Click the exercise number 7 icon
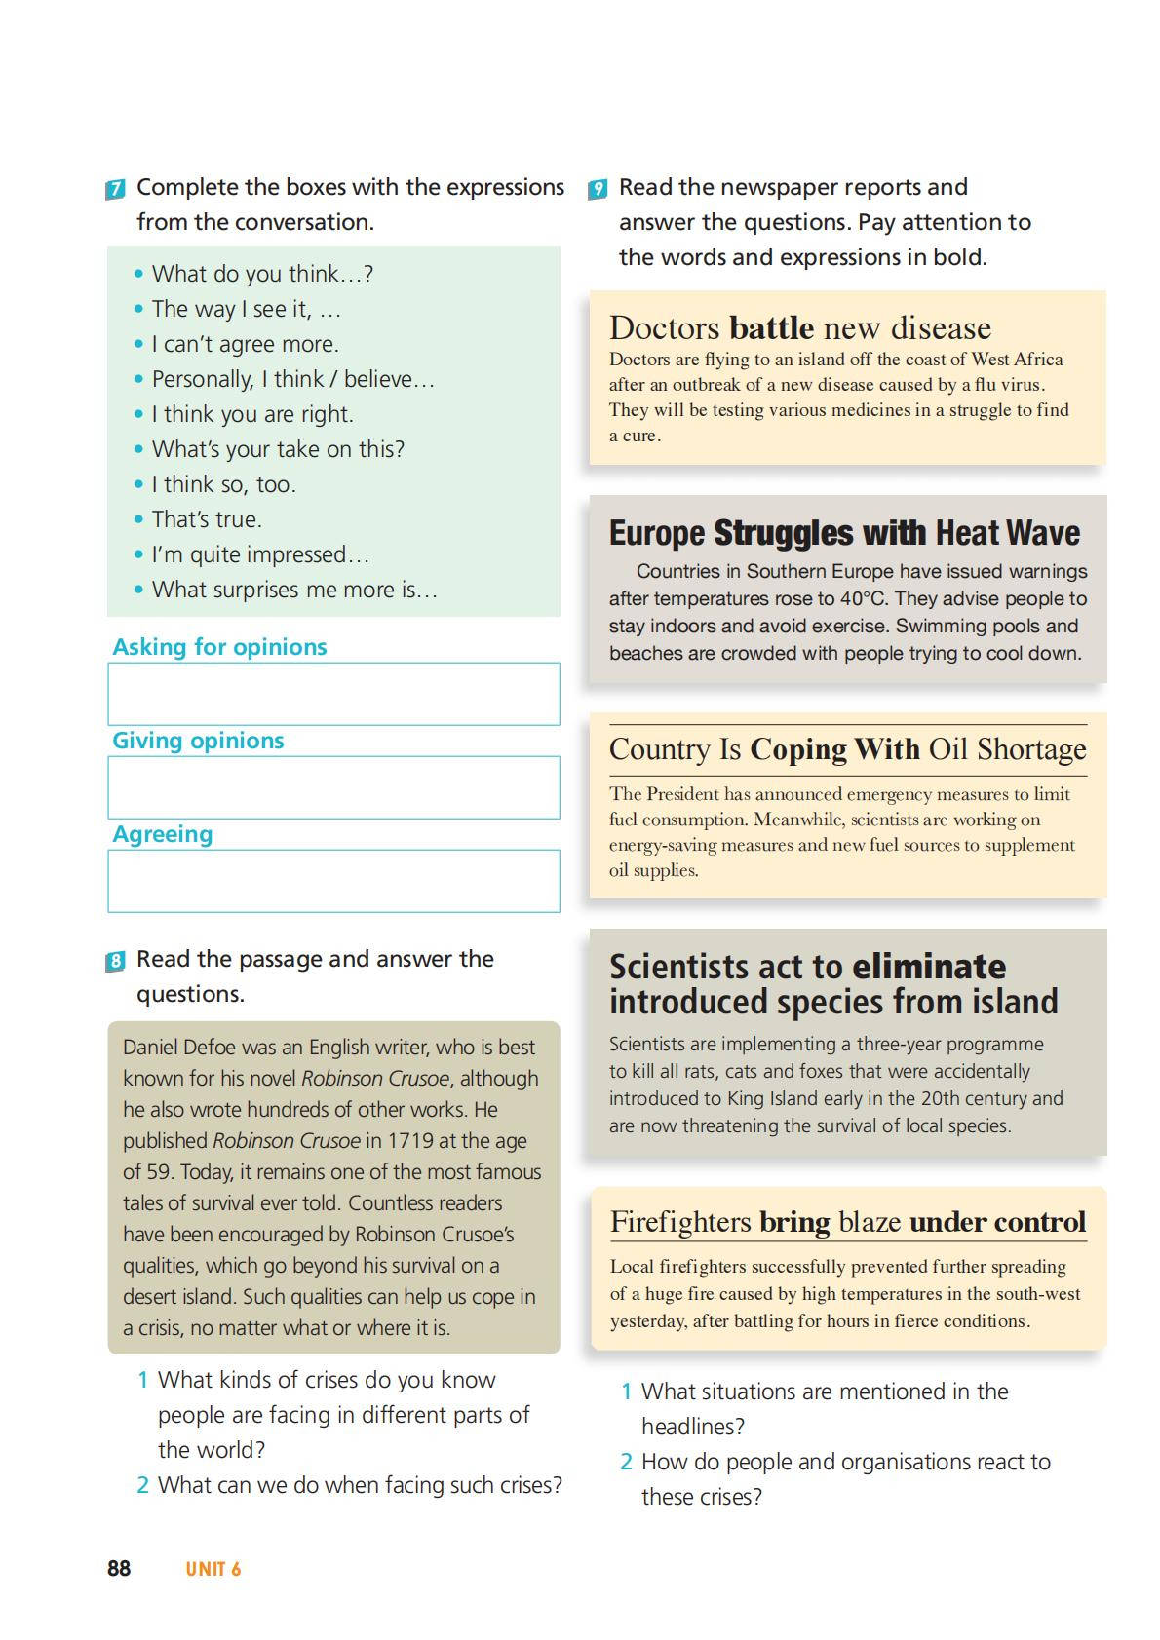(115, 189)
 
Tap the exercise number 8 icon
(115, 962)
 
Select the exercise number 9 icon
(598, 189)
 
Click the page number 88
(119, 1568)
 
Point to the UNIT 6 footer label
(213, 1569)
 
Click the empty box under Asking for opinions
(333, 694)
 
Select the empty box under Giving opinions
(333, 787)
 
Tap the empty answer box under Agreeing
(333, 881)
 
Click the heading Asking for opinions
(219, 647)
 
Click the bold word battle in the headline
(771, 327)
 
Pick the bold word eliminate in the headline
(929, 967)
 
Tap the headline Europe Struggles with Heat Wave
(844, 533)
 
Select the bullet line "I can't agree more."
(245, 344)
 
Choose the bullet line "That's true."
(207, 519)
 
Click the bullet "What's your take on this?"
(278, 449)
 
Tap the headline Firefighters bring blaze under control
(847, 1222)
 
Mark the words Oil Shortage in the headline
(1007, 749)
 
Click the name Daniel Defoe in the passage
(179, 1048)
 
